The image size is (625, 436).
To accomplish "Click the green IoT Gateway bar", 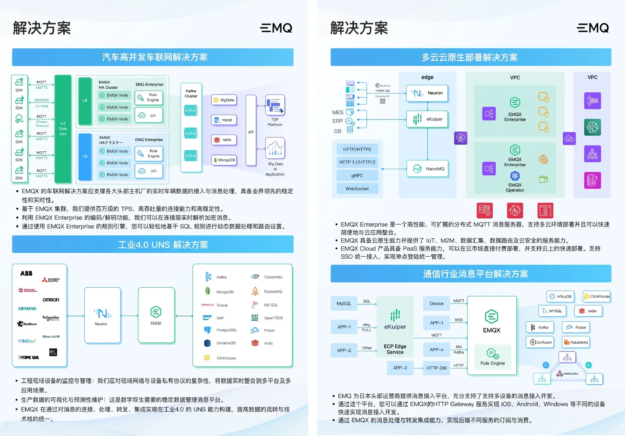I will (x=63, y=129).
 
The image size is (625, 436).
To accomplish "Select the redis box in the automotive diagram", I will (x=224, y=140).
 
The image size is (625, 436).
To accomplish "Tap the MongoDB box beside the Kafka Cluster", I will (x=224, y=160).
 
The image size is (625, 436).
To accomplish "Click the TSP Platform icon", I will (x=275, y=105).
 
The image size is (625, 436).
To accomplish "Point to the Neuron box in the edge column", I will (x=427, y=93).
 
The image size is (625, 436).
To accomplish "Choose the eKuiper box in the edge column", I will (x=427, y=119).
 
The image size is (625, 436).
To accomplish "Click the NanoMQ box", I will (x=428, y=169).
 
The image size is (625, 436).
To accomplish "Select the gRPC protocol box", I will (x=357, y=176).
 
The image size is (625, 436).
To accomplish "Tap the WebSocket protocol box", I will (x=357, y=189).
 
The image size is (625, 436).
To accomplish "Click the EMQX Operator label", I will (x=515, y=187).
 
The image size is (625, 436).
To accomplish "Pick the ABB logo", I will (x=26, y=273).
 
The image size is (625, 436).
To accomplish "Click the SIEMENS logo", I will (x=27, y=309).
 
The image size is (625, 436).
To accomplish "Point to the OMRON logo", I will (x=51, y=300).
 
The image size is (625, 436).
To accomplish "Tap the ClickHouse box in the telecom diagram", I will (x=597, y=296).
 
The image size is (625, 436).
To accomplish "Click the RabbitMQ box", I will (x=576, y=342).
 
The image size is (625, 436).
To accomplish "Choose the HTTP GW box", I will (x=436, y=368).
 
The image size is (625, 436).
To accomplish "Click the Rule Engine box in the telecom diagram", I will (x=492, y=357).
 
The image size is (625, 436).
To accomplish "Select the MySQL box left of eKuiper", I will (x=344, y=303).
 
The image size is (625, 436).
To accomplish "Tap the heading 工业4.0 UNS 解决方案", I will (x=163, y=245).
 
